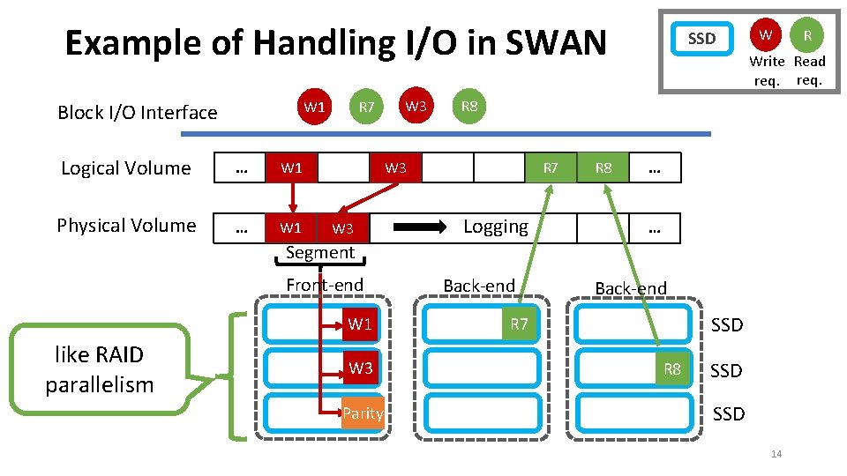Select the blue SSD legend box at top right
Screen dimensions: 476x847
click(x=701, y=39)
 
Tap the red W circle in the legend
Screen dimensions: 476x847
click(x=765, y=35)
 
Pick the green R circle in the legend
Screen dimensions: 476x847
click(x=806, y=36)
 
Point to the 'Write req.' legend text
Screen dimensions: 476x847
click(x=767, y=71)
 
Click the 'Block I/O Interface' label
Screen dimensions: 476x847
click(x=137, y=112)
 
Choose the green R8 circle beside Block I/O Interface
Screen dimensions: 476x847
click(x=469, y=107)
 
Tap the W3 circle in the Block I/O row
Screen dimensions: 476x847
click(x=416, y=107)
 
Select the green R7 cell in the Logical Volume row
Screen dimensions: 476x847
click(x=550, y=167)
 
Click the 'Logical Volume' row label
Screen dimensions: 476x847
click(x=125, y=168)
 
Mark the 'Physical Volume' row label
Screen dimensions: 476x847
click(x=126, y=226)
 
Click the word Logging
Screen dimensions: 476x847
click(x=496, y=227)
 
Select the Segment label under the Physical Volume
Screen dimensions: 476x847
click(x=319, y=253)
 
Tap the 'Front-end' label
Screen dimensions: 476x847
click(x=325, y=285)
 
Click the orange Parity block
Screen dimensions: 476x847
click(x=363, y=413)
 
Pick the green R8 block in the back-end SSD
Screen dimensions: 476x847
click(x=672, y=369)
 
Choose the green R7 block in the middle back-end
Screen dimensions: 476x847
click(x=519, y=324)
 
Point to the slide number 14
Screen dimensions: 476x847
click(x=776, y=454)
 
